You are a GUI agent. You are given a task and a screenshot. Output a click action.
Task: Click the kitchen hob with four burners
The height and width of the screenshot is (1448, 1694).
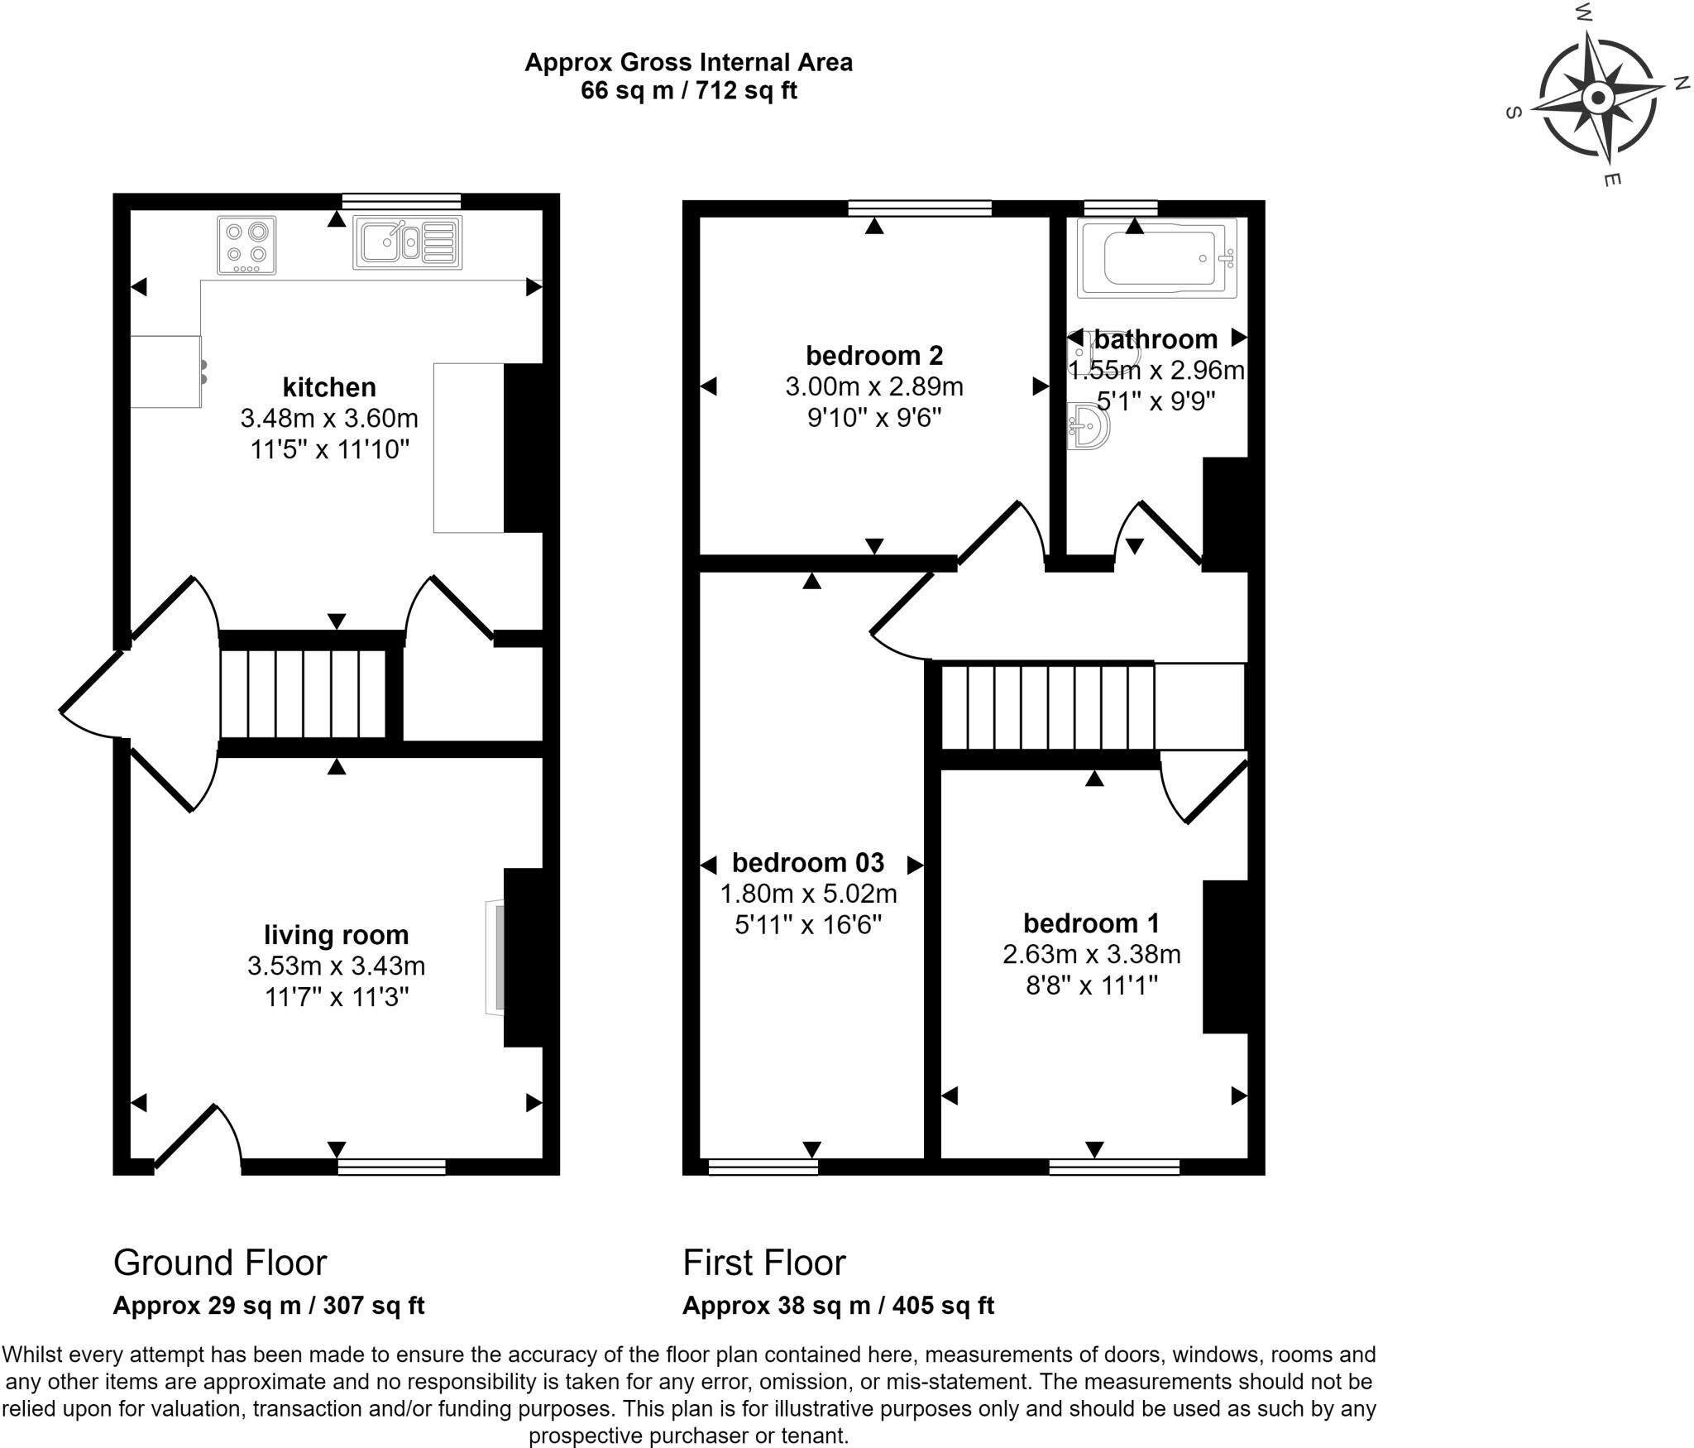[x=246, y=245]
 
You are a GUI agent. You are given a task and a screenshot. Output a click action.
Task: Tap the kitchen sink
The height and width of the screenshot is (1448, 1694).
[x=407, y=242]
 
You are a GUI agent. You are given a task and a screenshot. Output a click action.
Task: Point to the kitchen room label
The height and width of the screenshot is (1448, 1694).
[x=329, y=386]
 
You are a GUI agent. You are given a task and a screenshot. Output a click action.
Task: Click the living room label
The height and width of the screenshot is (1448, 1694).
[x=337, y=934]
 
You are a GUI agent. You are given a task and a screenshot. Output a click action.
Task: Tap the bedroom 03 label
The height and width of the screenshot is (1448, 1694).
[x=808, y=862]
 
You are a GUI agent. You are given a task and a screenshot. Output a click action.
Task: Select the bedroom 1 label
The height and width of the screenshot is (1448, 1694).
[x=1092, y=923]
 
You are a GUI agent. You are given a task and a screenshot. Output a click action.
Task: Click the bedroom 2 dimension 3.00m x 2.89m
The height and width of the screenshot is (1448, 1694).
[x=874, y=386]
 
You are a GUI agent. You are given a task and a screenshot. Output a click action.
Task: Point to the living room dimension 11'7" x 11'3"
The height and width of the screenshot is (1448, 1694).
[x=337, y=997]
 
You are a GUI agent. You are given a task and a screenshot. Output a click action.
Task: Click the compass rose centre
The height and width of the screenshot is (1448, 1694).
[x=1598, y=99]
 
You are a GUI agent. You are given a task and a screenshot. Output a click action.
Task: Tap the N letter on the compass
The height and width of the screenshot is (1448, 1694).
[x=1681, y=83]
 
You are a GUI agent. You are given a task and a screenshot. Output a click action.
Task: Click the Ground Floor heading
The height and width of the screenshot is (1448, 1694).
[x=220, y=1263]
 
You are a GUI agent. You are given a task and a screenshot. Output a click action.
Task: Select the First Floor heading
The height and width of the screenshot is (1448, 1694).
[x=764, y=1263]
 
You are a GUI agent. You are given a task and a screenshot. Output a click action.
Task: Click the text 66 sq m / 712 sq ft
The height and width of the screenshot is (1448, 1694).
[x=689, y=90]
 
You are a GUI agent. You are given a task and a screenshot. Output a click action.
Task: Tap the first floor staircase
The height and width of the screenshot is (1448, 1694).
[x=1048, y=706]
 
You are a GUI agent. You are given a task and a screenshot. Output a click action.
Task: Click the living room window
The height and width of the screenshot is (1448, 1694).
[x=391, y=1167]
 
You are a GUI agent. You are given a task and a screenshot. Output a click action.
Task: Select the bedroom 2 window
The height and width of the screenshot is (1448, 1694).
[x=920, y=208]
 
